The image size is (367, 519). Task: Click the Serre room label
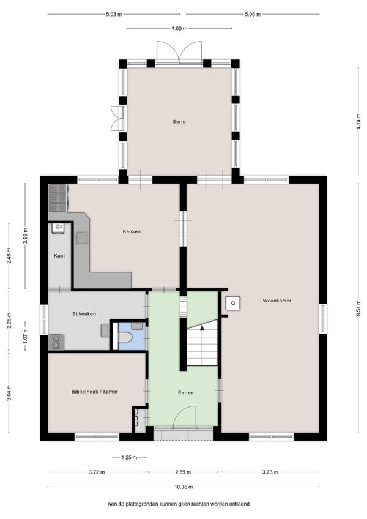[x=179, y=121]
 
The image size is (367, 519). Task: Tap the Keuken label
[x=132, y=231]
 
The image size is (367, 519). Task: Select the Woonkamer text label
[x=277, y=301]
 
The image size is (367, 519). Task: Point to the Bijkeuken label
[x=84, y=314]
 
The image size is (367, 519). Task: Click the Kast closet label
[x=59, y=256]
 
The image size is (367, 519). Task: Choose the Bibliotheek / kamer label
[x=95, y=392]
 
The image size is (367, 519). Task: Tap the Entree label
[x=186, y=392]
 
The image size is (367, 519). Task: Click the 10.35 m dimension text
[x=183, y=487]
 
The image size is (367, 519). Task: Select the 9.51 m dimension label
[x=358, y=308]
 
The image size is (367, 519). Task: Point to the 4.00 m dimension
[x=179, y=29]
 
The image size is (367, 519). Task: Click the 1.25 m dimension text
[x=129, y=457]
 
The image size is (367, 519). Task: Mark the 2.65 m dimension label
[x=183, y=472]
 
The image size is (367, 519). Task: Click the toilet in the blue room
[x=125, y=337]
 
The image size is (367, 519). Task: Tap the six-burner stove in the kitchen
[x=58, y=198]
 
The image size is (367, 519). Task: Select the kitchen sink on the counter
[x=82, y=237]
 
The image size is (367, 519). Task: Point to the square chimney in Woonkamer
[x=233, y=303]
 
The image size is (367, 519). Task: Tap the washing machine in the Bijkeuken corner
[x=56, y=343]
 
